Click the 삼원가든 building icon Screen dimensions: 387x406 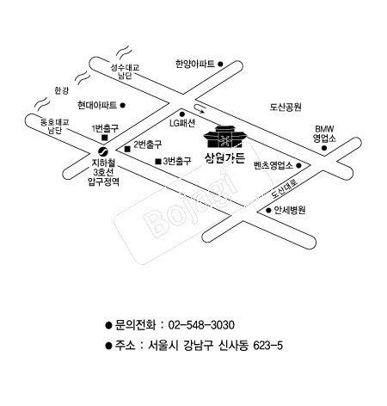(x=225, y=137)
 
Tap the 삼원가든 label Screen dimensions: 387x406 (x=225, y=158)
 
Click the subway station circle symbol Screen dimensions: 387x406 (x=102, y=151)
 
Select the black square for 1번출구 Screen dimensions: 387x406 (x=105, y=138)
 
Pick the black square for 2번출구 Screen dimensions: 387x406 (x=127, y=149)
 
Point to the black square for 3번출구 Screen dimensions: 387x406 (x=158, y=162)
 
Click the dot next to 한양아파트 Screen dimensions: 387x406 (x=220, y=64)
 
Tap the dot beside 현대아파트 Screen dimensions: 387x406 (x=122, y=105)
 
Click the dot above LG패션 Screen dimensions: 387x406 (x=182, y=114)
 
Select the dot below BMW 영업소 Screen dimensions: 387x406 (x=324, y=148)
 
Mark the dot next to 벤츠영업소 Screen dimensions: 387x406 (x=298, y=165)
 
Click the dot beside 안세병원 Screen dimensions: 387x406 (x=268, y=211)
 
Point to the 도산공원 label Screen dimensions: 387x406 (x=286, y=107)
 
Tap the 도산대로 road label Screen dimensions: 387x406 (x=285, y=188)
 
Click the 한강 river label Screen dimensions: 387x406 (x=62, y=90)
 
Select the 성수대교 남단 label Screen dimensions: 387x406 (x=126, y=71)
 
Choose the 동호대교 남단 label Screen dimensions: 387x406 (x=54, y=126)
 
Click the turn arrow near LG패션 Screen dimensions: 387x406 (x=200, y=109)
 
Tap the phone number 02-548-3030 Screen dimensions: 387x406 (x=201, y=325)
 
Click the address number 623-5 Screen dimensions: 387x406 (x=268, y=346)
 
